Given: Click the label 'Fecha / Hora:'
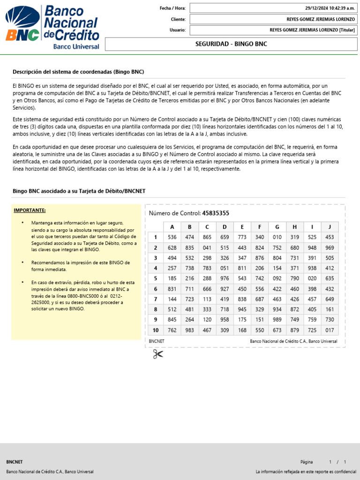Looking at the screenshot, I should point(172,8).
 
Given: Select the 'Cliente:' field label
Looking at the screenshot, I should point(178,19).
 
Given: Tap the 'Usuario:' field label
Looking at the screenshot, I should point(178,30).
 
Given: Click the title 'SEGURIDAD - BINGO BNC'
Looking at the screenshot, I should point(231,44).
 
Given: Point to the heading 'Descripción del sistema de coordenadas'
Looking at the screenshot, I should point(78,72).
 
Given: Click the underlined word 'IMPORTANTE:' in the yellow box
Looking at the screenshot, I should point(30,210).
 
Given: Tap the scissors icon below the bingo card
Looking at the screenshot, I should point(157,354).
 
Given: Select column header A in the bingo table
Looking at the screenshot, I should point(172,226).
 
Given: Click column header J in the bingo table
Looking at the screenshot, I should point(330,226).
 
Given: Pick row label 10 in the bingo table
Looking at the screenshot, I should point(155,330).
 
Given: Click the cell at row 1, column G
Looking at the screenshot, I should point(277,237).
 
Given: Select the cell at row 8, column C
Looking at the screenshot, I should point(207,309).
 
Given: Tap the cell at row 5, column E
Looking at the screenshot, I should point(242,278).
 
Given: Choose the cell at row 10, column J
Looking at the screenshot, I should point(330,330).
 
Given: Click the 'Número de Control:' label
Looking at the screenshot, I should point(174,213).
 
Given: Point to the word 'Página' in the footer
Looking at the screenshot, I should point(307,462).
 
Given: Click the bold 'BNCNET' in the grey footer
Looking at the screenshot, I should point(14,462).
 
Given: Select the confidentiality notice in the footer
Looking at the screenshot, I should point(306,472).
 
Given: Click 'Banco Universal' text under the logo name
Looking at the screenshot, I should point(76,46).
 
